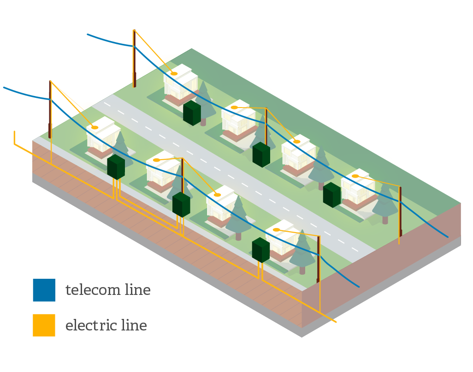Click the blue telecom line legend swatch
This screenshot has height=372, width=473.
click(44, 290)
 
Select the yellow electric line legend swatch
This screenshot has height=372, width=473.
click(44, 325)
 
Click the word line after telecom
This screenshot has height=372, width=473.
click(137, 290)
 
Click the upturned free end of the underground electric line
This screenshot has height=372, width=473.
click(15, 134)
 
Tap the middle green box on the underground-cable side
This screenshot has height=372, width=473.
click(181, 204)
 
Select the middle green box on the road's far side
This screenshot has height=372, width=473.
click(261, 154)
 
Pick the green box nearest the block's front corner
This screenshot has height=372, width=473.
click(260, 250)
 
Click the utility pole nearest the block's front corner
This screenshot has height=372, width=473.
click(318, 258)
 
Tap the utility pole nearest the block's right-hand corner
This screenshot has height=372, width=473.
click(400, 212)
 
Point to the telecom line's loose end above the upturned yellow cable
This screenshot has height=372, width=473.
click(5, 87)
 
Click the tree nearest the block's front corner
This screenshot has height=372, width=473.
click(302, 252)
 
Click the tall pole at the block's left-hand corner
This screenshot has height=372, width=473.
click(50, 111)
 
